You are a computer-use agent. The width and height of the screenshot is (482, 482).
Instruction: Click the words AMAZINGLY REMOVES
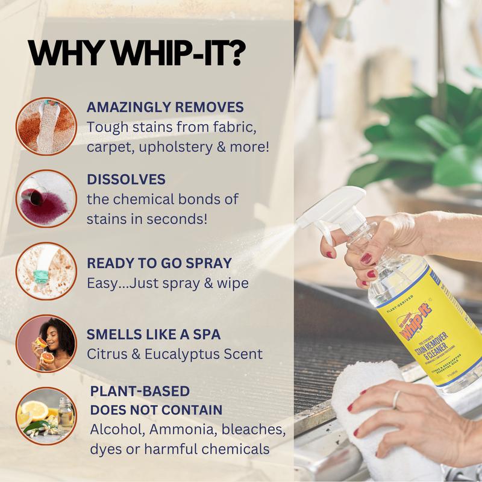click(165, 107)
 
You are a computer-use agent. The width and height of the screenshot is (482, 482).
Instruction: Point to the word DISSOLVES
click(126, 180)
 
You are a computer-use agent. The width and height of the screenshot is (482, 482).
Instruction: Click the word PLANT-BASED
click(140, 391)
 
